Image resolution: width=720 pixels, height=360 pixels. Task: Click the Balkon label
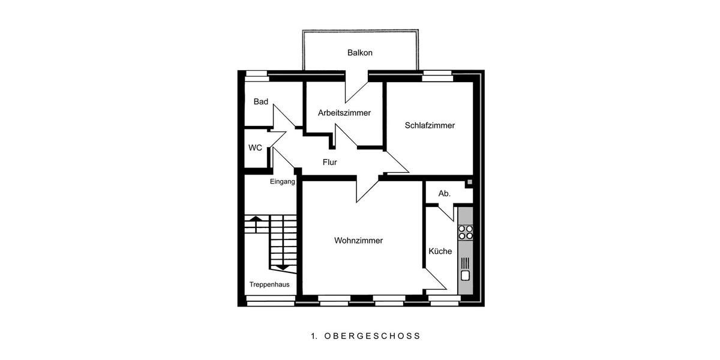tap(360, 53)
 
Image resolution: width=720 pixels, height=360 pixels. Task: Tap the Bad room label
tap(260, 102)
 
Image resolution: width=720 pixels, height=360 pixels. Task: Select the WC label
tap(255, 148)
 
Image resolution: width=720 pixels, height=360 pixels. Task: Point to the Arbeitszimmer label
tap(344, 113)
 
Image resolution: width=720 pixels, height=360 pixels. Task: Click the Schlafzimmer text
tap(430, 126)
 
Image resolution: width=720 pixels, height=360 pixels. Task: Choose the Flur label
tap(330, 162)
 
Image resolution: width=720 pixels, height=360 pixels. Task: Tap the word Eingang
tap(282, 182)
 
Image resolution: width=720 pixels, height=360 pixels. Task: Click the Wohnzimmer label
tap(358, 241)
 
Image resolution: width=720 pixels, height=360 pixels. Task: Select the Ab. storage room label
tap(444, 194)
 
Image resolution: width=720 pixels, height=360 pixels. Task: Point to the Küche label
tap(440, 251)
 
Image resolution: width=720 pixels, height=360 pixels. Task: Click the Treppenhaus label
tap(269, 284)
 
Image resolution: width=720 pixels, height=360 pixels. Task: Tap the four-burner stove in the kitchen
tap(466, 232)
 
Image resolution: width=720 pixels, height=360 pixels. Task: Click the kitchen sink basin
tap(466, 275)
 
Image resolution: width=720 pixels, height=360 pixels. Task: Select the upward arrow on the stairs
tap(255, 221)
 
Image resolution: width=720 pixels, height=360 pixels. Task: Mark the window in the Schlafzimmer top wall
tap(437, 75)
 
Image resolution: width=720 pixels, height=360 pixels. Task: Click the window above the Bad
tap(256, 75)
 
